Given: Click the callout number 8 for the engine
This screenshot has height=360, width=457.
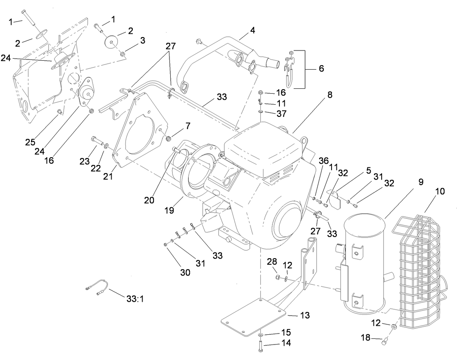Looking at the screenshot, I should point(330,95).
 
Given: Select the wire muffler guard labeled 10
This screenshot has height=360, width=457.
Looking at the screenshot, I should point(420,269).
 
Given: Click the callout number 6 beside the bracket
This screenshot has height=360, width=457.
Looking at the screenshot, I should point(321,68).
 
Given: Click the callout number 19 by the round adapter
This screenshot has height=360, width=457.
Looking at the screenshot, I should point(170,210).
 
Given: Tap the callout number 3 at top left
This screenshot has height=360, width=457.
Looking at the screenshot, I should point(143,40).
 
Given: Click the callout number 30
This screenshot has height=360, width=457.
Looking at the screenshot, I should point(185,273).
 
